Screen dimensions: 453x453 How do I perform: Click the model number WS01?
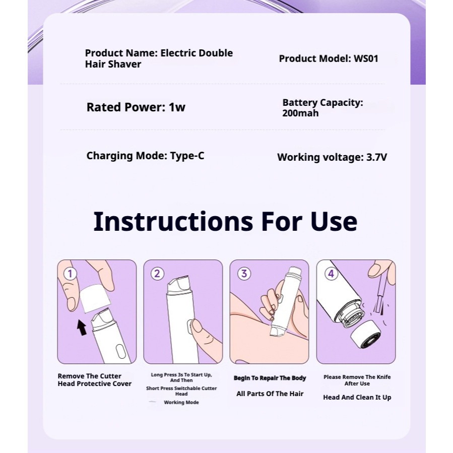[366, 58]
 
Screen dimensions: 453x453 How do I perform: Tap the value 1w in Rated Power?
[177, 107]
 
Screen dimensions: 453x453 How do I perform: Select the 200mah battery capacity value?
[300, 113]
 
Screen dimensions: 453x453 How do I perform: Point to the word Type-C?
[187, 156]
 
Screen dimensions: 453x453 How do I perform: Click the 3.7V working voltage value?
[377, 157]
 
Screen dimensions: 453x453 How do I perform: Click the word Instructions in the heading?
[173, 221]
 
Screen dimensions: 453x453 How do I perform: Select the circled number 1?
[70, 273]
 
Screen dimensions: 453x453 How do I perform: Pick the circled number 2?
[157, 273]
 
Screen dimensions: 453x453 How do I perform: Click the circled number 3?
[244, 273]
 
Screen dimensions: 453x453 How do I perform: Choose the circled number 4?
[331, 273]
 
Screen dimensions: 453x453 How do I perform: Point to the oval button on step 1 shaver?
[120, 352]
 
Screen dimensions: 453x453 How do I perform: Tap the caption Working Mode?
[181, 403]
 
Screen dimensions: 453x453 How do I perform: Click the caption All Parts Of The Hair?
[270, 394]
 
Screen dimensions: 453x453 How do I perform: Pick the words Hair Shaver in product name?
[113, 64]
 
